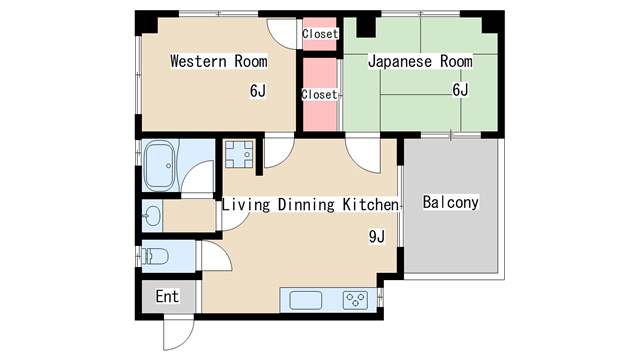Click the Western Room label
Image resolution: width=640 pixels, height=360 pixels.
(x=219, y=61)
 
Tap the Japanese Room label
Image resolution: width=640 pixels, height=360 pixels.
(x=420, y=61)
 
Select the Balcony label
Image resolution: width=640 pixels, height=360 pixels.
(x=450, y=202)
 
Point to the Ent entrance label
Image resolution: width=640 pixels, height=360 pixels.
(x=167, y=296)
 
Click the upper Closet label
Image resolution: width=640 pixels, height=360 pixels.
(x=320, y=33)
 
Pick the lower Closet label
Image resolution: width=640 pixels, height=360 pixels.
(x=319, y=94)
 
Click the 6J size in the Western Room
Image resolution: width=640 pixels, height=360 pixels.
(x=258, y=91)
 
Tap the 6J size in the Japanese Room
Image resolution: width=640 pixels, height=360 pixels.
(x=460, y=89)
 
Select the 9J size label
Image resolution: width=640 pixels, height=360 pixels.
(x=377, y=236)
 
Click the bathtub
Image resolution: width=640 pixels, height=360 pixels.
(x=160, y=166)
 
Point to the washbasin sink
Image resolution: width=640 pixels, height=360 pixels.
(x=152, y=215)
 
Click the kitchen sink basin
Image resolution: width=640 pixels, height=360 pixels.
(x=306, y=300)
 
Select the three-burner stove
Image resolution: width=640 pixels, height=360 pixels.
(x=355, y=300)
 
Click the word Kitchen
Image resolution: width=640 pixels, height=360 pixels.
(x=370, y=204)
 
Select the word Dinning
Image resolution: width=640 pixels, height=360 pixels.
(x=306, y=205)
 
